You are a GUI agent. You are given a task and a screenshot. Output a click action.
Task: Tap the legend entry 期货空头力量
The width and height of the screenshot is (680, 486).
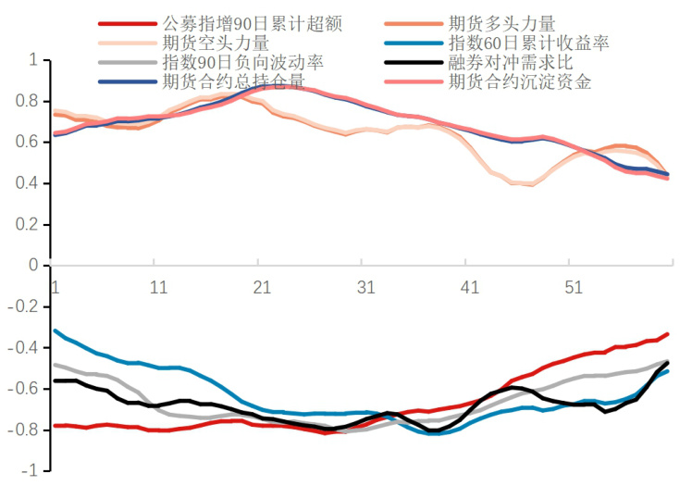[216, 44]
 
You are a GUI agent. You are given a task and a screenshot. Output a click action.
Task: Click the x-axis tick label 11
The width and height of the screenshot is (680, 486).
[158, 287]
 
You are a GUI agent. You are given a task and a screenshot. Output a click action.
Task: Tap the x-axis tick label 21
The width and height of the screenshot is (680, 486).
[262, 287]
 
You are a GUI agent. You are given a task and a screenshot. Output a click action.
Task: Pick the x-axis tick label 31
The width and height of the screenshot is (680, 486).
[366, 287]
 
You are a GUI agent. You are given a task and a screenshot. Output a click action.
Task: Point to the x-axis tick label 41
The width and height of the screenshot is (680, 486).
[470, 287]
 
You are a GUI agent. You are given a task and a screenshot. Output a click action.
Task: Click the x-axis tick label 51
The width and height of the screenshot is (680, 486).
[574, 287]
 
